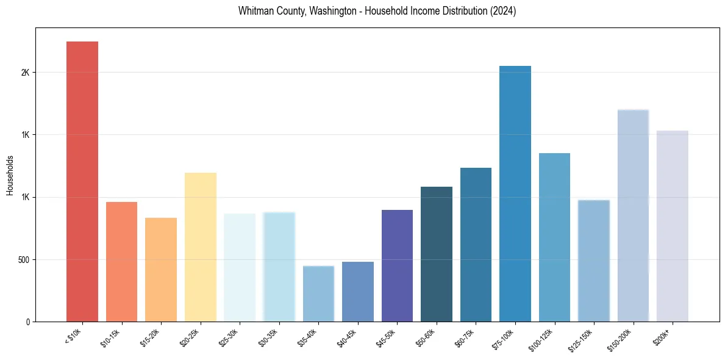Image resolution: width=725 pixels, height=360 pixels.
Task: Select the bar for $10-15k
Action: click(x=121, y=262)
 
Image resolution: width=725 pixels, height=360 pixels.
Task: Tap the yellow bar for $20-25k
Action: click(x=200, y=247)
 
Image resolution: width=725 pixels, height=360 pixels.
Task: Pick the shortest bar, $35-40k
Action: click(x=318, y=294)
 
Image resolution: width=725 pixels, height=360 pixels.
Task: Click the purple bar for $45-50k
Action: click(x=397, y=266)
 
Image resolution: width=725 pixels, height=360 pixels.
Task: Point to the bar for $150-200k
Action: click(x=633, y=216)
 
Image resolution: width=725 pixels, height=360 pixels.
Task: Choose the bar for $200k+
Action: click(x=672, y=226)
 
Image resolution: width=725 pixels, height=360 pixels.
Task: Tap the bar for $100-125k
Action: click(x=554, y=237)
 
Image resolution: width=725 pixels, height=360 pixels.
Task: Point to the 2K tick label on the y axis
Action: click(x=25, y=73)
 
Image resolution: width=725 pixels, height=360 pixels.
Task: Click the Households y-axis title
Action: click(x=10, y=175)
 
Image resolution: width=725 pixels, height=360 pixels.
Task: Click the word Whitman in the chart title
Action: click(x=255, y=11)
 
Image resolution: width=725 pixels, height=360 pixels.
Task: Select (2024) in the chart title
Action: click(x=502, y=11)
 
